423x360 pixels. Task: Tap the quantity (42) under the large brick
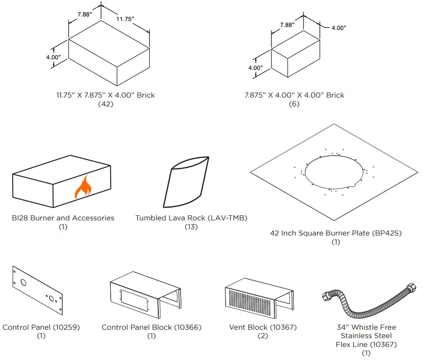pos(105,104)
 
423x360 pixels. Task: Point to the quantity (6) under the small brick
pos(294,104)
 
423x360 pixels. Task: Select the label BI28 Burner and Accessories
pos(63,218)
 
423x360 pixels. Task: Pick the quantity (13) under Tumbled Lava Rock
pos(191,227)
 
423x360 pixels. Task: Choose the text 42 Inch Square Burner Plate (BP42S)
pos(335,233)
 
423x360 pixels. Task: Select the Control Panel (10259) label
pos(41,327)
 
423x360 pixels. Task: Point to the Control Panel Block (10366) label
pos(152,327)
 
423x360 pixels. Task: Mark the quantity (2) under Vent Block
pos(263,336)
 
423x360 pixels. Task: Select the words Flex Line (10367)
pos(366,344)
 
